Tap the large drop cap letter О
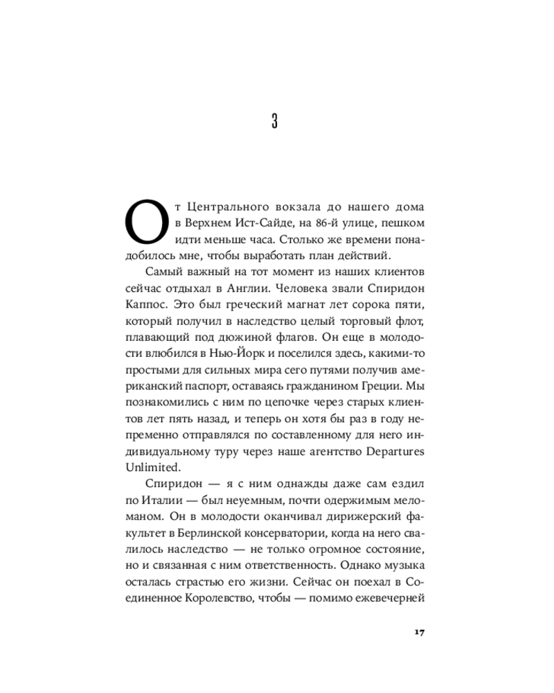(145, 222)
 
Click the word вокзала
(308, 209)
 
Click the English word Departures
(392, 450)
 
